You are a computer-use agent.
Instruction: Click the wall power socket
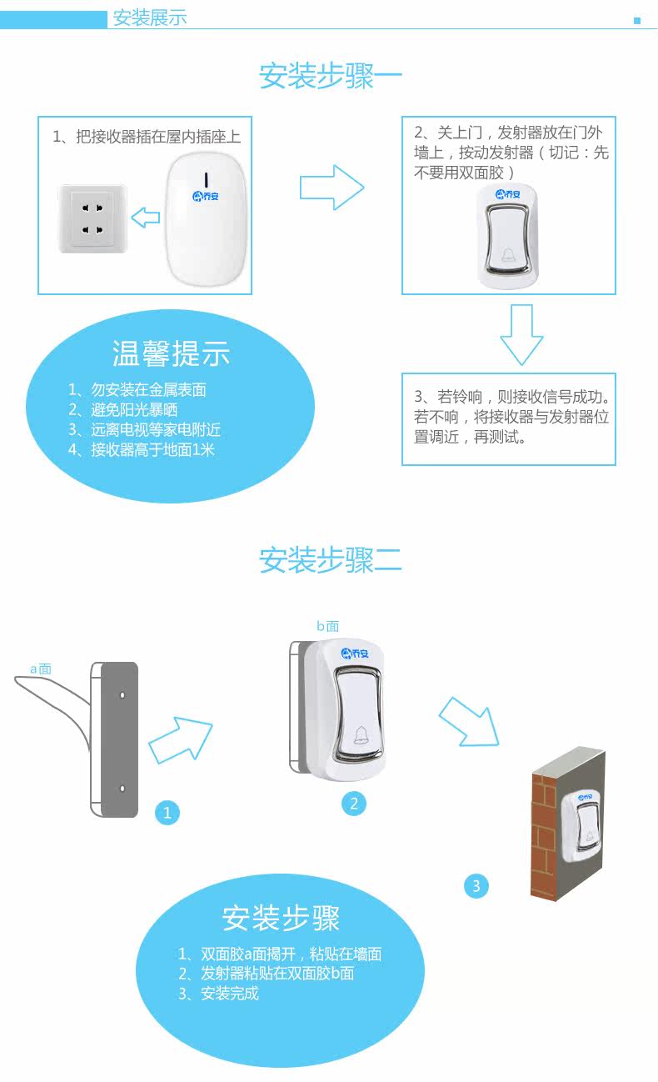pyautogui.click(x=92, y=218)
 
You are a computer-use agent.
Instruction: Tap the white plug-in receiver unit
pyautogui.click(x=208, y=218)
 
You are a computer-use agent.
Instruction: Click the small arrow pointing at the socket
pyautogui.click(x=146, y=218)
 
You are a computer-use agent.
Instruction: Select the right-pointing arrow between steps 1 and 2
pyautogui.click(x=331, y=187)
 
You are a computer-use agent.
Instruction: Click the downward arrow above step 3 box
pyautogui.click(x=521, y=334)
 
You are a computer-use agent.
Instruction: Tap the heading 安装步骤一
pyautogui.click(x=330, y=76)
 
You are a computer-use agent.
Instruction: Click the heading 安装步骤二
pyautogui.click(x=330, y=559)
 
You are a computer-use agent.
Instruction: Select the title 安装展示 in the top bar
pyautogui.click(x=150, y=18)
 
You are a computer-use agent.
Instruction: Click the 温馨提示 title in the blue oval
pyautogui.click(x=171, y=353)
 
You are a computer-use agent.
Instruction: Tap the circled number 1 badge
pyautogui.click(x=167, y=812)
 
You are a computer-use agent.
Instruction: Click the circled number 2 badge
pyautogui.click(x=354, y=803)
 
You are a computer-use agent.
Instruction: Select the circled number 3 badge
pyautogui.click(x=476, y=885)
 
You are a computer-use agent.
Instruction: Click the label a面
pyautogui.click(x=41, y=669)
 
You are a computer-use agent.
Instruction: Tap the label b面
pyautogui.click(x=327, y=626)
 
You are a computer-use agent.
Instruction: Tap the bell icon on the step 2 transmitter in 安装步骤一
pyautogui.click(x=508, y=254)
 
